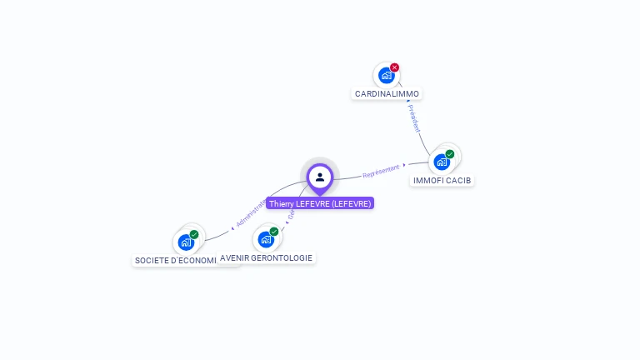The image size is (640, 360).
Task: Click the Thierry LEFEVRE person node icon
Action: pos(320,177)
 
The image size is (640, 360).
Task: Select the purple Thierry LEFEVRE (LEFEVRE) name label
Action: pos(320,203)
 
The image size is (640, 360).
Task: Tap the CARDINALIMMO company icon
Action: pos(386,76)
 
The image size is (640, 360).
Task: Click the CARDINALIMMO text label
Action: pos(387,94)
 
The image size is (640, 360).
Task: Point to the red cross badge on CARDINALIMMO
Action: pos(395,67)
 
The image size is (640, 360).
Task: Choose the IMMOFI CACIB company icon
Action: pos(442,162)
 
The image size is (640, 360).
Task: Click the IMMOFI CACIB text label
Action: pos(442,180)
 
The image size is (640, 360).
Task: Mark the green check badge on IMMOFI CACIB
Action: pos(450,154)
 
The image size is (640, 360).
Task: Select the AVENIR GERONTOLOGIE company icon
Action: pos(266,239)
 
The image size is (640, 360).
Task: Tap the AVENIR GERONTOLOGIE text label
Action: pos(267,258)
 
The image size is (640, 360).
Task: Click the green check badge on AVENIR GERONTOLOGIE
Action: pos(274,232)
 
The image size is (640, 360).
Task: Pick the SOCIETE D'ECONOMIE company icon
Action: pos(186,242)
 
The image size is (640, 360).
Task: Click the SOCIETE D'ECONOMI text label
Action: pos(175,261)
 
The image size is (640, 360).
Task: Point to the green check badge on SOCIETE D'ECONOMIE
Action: pos(194,235)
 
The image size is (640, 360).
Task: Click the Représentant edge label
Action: pos(382,171)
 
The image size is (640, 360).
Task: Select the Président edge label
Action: pos(415,118)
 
